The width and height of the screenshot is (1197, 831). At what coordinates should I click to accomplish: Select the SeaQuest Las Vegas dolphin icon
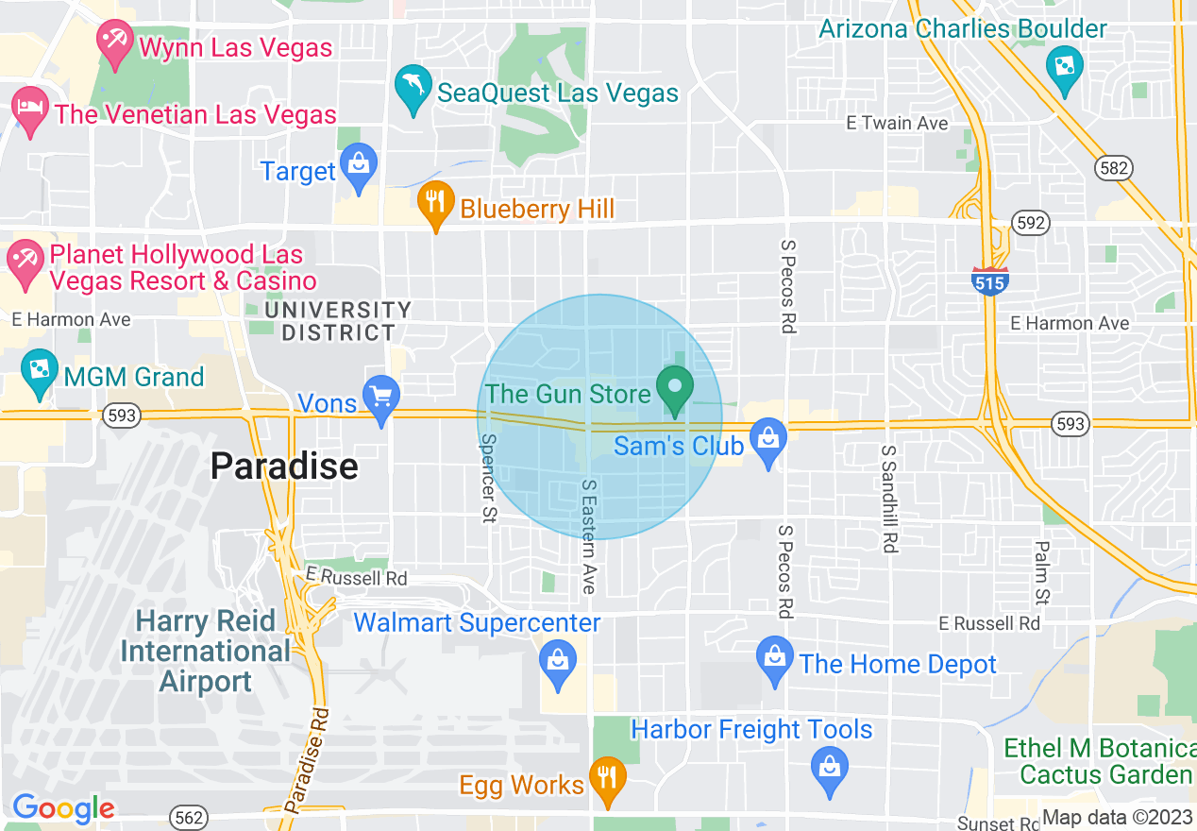point(413,88)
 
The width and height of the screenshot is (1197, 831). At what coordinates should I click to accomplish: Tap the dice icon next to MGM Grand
point(39,374)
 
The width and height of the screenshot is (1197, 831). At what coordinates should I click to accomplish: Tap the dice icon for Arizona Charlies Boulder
point(1064,70)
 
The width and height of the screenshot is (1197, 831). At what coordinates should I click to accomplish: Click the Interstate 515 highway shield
point(989,280)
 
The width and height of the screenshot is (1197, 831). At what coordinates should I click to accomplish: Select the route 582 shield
point(1113,169)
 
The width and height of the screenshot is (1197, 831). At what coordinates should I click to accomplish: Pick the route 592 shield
point(1029,223)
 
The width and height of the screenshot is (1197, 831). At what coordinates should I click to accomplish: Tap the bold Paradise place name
point(284,466)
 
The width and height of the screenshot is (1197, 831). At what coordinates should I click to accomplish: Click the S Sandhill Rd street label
point(888,498)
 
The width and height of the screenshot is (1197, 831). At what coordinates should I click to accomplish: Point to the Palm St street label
point(1041,572)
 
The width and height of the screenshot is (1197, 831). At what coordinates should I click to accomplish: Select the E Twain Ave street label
point(897,123)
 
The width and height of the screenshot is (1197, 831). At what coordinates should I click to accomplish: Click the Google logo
point(62,808)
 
